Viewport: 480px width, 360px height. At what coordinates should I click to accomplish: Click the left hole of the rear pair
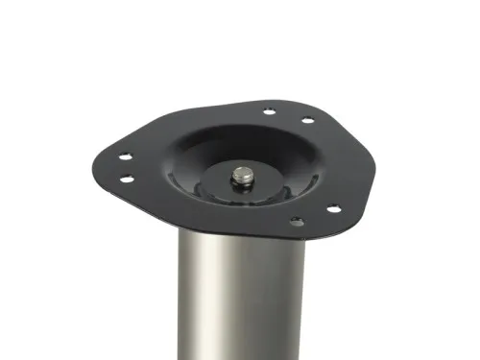tap(271, 110)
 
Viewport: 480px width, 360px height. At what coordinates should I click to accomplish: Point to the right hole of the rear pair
tap(307, 120)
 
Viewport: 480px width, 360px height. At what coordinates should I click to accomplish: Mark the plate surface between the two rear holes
tap(289, 115)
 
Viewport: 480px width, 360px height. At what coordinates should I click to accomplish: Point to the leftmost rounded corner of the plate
tap(99, 158)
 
